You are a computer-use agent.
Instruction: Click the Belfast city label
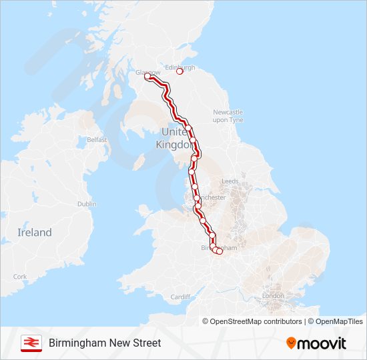click(x=97, y=140)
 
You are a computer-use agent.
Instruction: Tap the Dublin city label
click(x=87, y=204)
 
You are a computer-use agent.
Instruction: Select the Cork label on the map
click(x=20, y=277)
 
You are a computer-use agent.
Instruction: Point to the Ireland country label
click(x=34, y=233)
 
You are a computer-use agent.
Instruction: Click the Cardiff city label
click(x=180, y=297)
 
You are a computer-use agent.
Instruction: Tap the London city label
click(x=273, y=295)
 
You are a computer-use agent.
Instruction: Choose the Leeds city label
click(x=230, y=181)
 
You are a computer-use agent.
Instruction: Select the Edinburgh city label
click(x=179, y=67)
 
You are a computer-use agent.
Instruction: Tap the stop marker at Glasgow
click(x=147, y=77)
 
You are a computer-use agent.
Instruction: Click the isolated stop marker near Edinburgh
click(x=179, y=71)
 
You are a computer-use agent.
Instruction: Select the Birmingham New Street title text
click(x=105, y=343)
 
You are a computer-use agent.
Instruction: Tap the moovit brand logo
click(x=316, y=343)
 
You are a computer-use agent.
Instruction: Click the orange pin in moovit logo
click(x=292, y=343)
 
